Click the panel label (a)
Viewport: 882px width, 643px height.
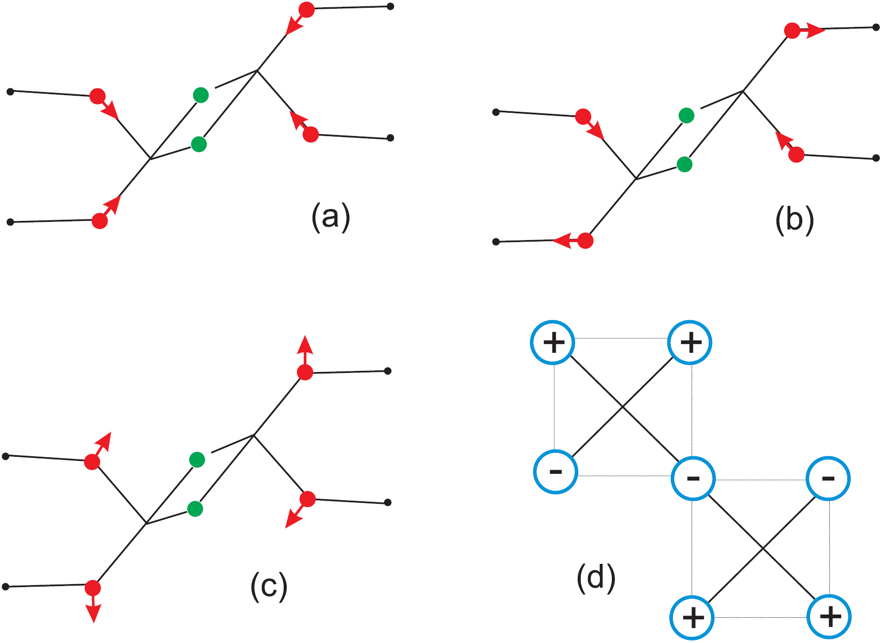331,217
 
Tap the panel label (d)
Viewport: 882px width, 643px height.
596,577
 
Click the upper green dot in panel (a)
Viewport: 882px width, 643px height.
201,95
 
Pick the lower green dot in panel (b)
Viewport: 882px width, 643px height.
684,165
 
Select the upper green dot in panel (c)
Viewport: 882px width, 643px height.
197,459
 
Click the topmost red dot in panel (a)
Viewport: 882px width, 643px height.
306,10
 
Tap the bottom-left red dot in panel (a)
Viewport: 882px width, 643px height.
99,221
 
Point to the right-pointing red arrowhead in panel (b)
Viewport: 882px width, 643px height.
816,31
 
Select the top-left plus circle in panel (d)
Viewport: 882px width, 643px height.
553,342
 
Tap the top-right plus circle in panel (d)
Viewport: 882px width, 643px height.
690,342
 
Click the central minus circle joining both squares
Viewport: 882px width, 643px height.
693,478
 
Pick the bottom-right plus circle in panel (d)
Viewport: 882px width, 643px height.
830,617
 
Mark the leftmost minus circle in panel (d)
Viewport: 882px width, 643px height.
555,471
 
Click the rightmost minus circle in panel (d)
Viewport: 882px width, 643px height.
828,478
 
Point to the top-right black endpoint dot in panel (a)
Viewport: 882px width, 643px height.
391,7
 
